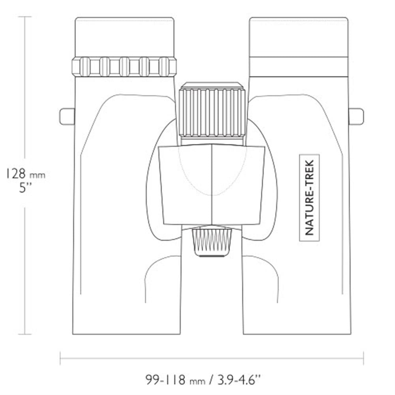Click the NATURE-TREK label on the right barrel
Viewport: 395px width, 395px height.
[x=309, y=198]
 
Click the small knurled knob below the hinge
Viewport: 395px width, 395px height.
[x=212, y=242]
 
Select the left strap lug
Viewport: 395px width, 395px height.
[x=67, y=116]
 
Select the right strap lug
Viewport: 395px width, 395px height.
[x=356, y=116]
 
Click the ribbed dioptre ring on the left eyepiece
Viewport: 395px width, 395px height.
[x=124, y=66]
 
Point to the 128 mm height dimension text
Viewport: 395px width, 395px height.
[x=25, y=173]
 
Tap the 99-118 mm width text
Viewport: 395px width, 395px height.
[x=176, y=380]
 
